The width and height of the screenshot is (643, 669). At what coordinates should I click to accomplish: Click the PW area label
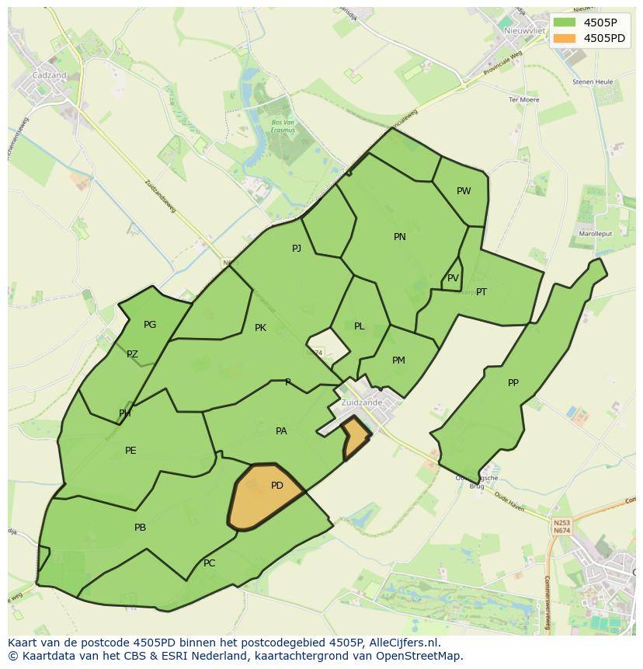coord(464,191)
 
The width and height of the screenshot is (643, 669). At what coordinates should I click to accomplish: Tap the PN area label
coord(400,237)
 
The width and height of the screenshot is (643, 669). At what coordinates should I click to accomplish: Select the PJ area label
coord(297,249)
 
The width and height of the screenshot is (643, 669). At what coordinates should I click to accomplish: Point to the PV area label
coord(453,278)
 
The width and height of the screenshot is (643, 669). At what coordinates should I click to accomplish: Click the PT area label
coord(481,292)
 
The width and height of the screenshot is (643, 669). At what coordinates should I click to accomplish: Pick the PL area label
coord(359,326)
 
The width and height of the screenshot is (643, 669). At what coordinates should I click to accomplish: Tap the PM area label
coord(398,361)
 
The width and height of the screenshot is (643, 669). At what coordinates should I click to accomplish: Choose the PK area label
coord(260,328)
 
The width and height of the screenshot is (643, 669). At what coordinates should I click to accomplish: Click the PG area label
coord(150,325)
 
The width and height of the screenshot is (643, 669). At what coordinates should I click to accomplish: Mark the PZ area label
coord(132,354)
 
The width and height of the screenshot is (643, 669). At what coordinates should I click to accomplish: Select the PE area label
coord(130,451)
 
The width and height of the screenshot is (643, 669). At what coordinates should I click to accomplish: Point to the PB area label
coord(140,528)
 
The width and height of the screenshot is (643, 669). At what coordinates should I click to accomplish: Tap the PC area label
coord(209,563)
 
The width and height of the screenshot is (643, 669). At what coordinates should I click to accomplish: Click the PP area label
coord(513,383)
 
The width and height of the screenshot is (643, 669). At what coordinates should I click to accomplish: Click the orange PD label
coord(277,486)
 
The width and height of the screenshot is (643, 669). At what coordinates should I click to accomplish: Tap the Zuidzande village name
coord(362,402)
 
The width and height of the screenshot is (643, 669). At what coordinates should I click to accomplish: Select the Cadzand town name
coord(49,75)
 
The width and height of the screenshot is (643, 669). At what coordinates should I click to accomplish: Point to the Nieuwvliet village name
coord(522,30)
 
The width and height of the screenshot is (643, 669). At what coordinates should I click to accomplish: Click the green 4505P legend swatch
coord(565,22)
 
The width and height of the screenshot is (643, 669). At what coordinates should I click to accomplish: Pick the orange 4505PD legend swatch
coord(565,38)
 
